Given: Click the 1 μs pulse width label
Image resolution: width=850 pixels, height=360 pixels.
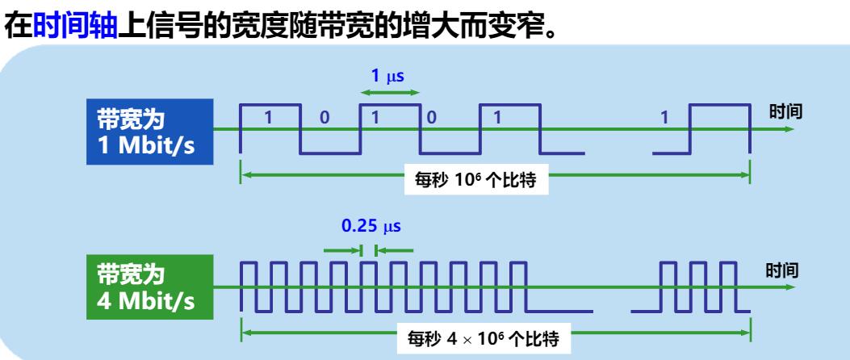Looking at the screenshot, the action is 387,77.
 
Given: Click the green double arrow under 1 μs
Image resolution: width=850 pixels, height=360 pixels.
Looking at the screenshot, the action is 390,94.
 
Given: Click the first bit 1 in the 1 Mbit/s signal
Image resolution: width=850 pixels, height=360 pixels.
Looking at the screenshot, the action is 270,117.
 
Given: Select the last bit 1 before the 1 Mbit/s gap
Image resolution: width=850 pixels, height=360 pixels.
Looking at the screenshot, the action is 497,117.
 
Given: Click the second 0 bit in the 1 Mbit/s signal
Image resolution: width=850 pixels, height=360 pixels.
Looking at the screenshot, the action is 431,117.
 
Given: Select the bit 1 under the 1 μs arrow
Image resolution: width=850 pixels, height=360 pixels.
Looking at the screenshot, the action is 374,117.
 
